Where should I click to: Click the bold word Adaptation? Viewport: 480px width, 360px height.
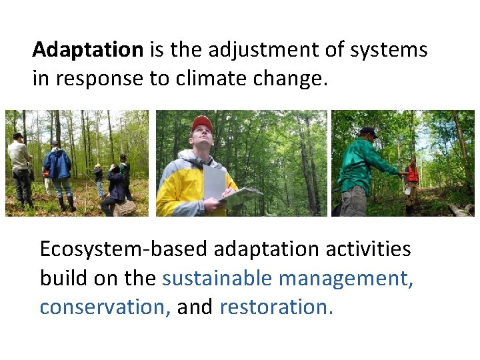point(88,51)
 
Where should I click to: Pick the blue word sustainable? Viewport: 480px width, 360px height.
point(217,278)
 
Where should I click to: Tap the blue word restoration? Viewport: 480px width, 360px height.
point(275,307)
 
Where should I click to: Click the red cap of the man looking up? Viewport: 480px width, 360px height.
point(201,123)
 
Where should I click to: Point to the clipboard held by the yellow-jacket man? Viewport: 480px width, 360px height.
point(240,196)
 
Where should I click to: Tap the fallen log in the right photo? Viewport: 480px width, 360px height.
point(460,210)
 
